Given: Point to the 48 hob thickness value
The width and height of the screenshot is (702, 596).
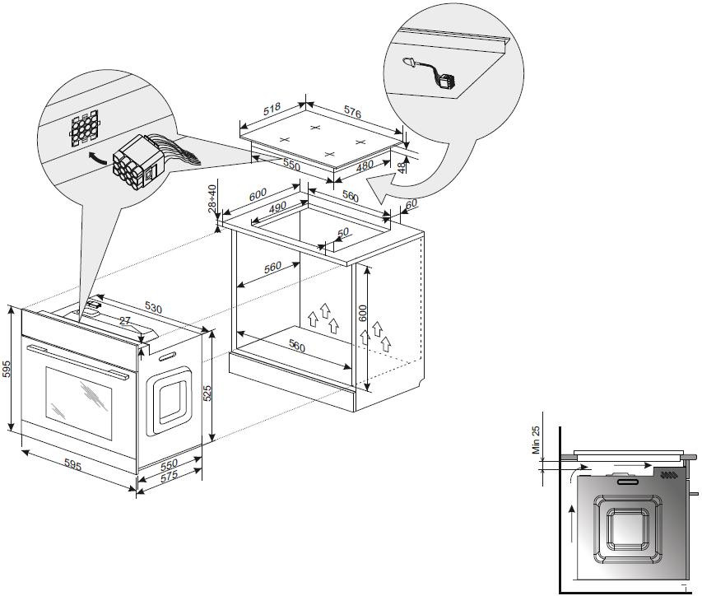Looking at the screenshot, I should click(400, 168).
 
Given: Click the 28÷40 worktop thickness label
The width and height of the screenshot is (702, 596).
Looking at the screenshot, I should click(212, 198).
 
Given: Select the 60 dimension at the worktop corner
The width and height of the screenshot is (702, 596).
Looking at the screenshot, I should click(411, 203).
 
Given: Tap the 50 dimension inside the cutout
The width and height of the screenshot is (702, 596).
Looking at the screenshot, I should click(343, 234).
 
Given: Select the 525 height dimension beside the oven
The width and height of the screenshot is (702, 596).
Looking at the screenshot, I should click(207, 393).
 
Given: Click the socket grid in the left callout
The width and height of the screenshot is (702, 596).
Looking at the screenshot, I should click(83, 128).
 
